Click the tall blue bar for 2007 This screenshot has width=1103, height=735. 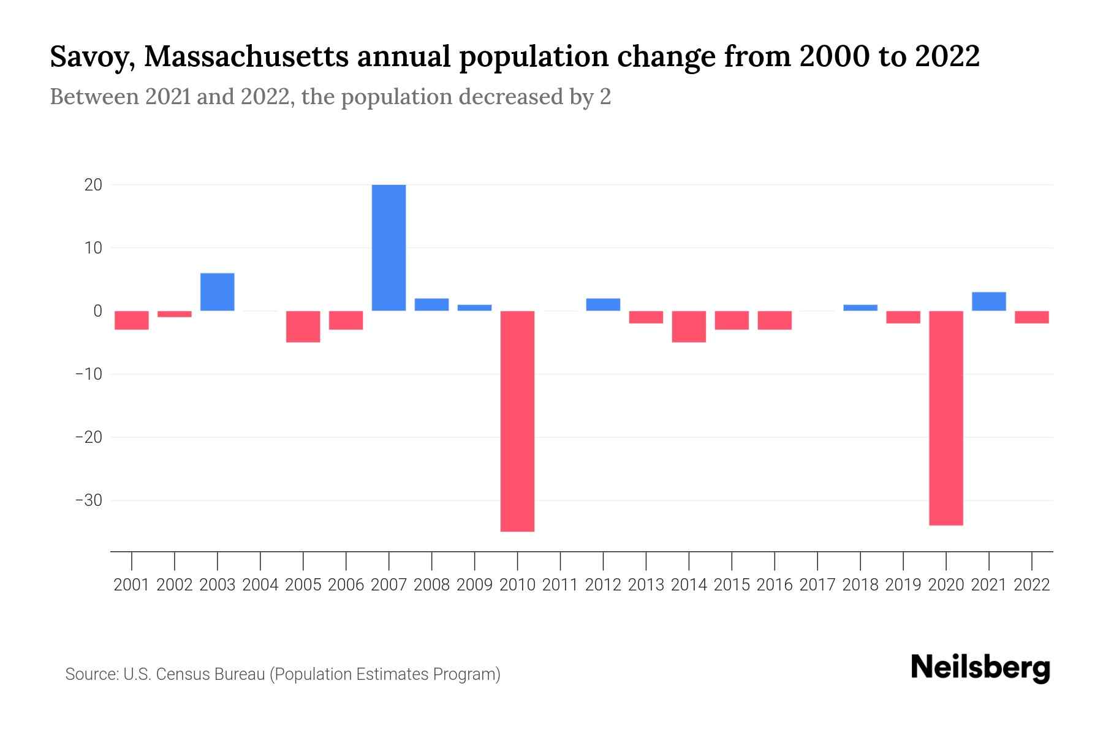click(x=389, y=247)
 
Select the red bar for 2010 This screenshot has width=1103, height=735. click(x=517, y=421)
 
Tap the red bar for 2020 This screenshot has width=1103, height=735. click(x=946, y=418)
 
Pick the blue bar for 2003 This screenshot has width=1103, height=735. click(x=218, y=292)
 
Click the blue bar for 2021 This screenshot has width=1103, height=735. click(x=989, y=301)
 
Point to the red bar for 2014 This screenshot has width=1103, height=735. click(x=689, y=326)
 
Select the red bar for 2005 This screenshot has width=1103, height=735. click(x=303, y=326)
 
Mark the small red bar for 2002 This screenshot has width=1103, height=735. click(x=175, y=314)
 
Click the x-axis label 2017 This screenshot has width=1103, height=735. click(x=817, y=585)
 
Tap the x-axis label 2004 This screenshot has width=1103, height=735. click(x=260, y=585)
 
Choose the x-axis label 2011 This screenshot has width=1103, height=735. click(x=560, y=585)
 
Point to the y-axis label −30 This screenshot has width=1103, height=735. click(x=89, y=500)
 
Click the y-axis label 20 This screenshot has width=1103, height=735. click(x=93, y=184)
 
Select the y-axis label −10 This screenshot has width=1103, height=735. click(x=89, y=374)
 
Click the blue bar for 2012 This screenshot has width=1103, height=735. click(x=603, y=304)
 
